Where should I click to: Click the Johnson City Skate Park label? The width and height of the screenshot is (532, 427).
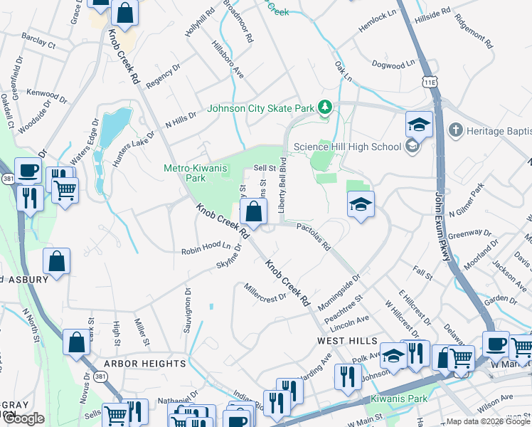pyautogui.click(x=260, y=109)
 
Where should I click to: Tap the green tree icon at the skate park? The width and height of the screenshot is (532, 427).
pyautogui.click(x=325, y=107)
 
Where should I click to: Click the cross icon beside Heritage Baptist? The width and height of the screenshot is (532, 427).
pyautogui.click(x=455, y=130)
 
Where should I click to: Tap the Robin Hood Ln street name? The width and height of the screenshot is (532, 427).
pyautogui.click(x=206, y=248)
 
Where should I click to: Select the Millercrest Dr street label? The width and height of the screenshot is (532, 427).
pyautogui.click(x=264, y=292)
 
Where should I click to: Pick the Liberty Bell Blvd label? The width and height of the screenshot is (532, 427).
pyautogui.click(x=282, y=189)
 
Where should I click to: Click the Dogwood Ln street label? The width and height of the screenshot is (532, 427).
pyautogui.click(x=394, y=64)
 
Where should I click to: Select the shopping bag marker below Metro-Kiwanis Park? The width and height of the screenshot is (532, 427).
pyautogui.click(x=253, y=211)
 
